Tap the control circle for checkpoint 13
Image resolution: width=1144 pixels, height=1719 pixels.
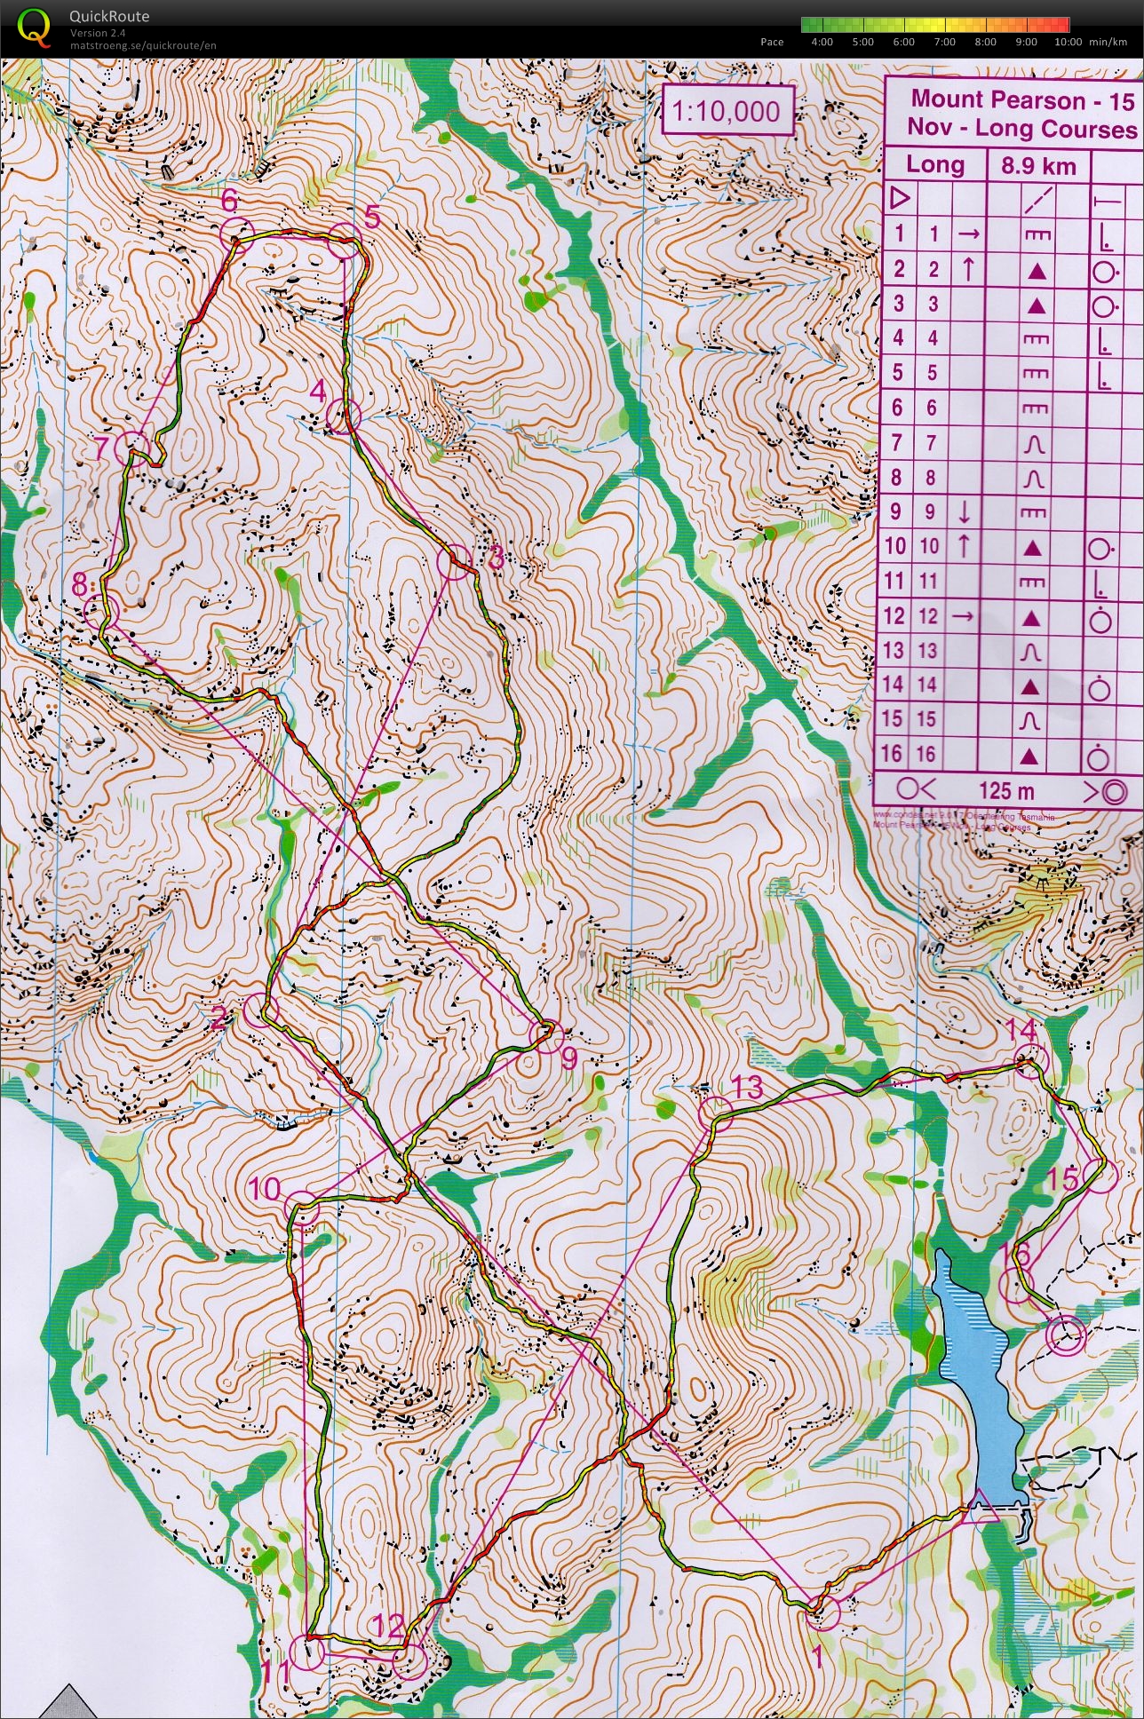click(715, 1113)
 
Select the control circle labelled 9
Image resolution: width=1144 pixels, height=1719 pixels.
click(545, 1036)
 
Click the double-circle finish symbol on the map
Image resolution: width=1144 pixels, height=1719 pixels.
click(1066, 1335)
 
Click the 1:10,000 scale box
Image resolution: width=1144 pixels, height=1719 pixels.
click(727, 111)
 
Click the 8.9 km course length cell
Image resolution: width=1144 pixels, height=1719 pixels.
click(1038, 165)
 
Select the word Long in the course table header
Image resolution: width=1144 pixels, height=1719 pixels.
click(934, 164)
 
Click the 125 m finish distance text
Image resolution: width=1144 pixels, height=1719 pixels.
click(1006, 790)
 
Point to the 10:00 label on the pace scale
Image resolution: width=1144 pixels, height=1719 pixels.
click(1068, 42)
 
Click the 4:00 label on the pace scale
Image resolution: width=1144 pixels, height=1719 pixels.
click(822, 42)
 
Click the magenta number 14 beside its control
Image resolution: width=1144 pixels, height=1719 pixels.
click(1021, 1031)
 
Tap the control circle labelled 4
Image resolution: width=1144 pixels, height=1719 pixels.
click(343, 415)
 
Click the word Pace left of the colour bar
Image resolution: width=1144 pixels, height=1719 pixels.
click(772, 42)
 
